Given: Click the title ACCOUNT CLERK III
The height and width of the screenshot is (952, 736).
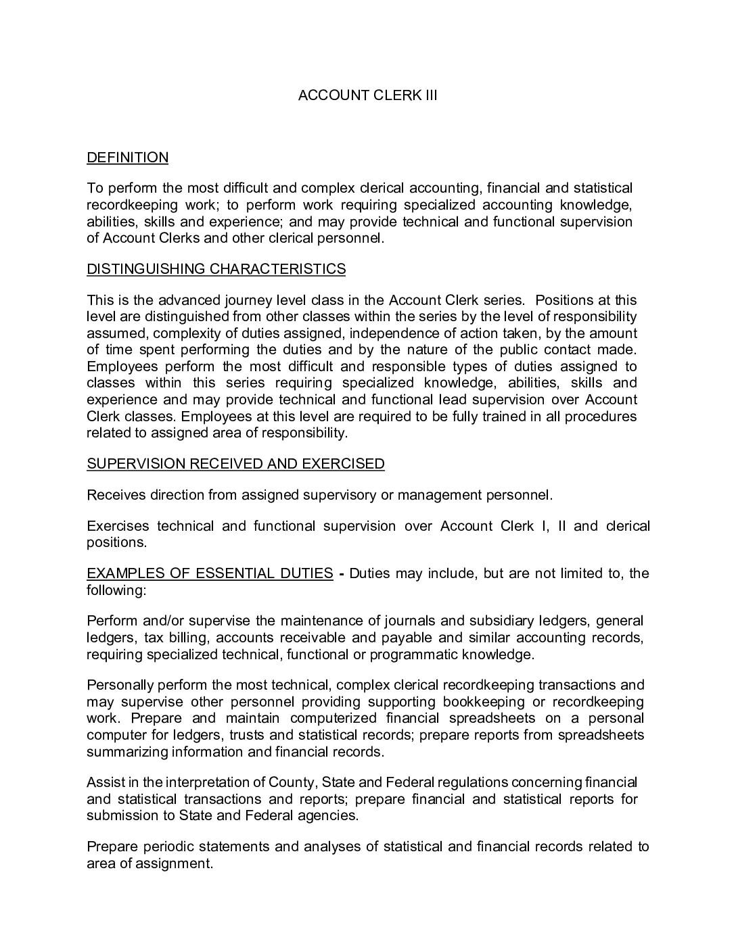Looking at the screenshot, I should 367,95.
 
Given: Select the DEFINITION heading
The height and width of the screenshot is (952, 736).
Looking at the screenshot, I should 127,158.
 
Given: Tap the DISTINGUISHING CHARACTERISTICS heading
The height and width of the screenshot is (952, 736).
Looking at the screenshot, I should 216,269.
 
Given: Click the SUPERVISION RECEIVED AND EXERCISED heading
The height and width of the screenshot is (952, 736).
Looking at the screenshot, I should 235,464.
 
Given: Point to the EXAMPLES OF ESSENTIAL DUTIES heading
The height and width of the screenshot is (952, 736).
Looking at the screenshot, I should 210,573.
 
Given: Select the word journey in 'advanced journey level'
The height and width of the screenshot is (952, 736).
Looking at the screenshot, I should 247,300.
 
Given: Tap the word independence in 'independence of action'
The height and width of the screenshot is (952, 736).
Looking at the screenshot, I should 389,333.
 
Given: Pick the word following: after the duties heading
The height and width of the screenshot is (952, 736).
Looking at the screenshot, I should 116,590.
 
